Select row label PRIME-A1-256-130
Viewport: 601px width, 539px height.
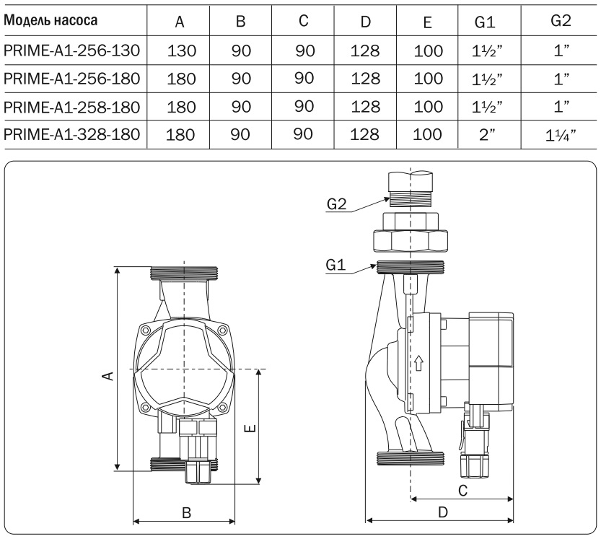coord(73,51)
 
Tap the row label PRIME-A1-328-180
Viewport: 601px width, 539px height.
coord(73,134)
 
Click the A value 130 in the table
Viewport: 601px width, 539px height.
coord(180,51)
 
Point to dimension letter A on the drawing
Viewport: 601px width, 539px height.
coord(107,374)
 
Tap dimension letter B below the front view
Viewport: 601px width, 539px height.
coord(185,512)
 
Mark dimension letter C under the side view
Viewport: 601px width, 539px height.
coord(462,490)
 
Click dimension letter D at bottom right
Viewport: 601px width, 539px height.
coord(443,512)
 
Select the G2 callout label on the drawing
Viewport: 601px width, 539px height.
coord(337,204)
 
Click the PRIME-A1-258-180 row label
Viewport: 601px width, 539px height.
coord(73,107)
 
